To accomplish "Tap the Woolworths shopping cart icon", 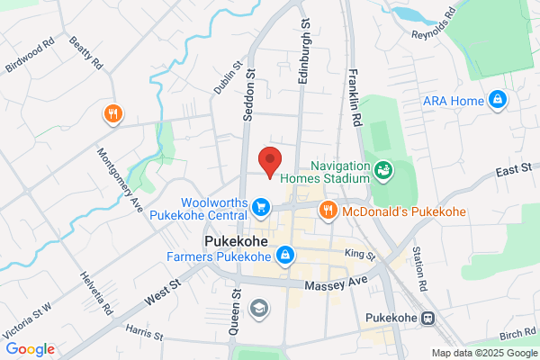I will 261,208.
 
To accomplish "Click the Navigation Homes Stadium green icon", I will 383,168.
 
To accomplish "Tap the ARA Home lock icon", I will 497,99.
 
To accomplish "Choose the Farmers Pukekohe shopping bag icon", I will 284,256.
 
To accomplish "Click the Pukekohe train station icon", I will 427,318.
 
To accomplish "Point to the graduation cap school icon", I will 259,308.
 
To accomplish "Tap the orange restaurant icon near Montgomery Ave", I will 112,114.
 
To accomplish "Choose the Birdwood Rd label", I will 31,54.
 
